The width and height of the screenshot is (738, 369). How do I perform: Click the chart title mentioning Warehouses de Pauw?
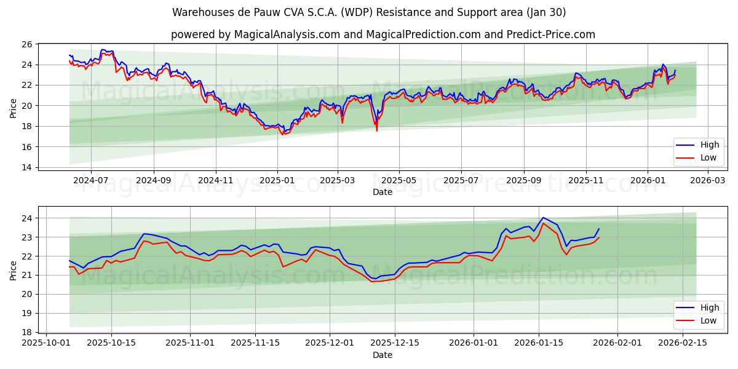coord(369,12)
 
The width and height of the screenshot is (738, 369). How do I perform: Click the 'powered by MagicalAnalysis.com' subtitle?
coord(383,34)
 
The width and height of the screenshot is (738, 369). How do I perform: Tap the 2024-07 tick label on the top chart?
coord(90,181)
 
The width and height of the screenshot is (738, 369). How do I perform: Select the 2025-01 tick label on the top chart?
coord(277,181)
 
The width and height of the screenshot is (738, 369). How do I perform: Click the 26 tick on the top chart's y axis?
coord(26,44)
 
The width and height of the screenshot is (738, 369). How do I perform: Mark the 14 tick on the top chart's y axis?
coord(26,167)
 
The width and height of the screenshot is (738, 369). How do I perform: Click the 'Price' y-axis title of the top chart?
coord(13,108)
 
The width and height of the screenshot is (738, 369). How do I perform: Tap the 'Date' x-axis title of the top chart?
coord(383,192)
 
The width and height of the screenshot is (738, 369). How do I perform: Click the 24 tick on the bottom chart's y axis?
coord(26,218)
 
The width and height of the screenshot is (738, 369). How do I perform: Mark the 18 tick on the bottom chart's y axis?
coord(26,332)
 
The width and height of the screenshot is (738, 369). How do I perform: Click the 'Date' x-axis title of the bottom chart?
coord(383,355)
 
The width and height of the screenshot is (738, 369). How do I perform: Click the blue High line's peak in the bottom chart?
coord(543,218)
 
